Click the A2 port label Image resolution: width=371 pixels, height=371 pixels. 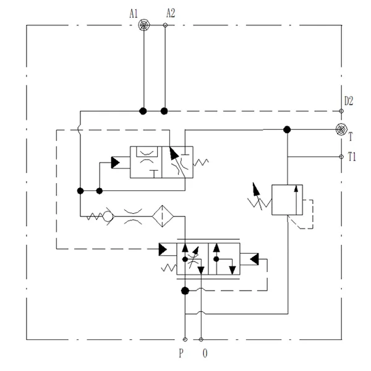pyautogui.click(x=171, y=12)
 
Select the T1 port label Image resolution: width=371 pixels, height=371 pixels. pyautogui.click(x=351, y=157)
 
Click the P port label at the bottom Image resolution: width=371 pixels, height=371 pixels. pyautogui.click(x=181, y=355)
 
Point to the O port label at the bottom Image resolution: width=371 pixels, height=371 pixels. pyautogui.click(x=206, y=355)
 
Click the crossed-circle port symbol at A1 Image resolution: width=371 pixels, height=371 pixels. pyautogui.click(x=143, y=25)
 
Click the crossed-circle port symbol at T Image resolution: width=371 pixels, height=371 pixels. pyautogui.click(x=341, y=129)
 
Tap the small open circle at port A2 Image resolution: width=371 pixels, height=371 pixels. pyautogui.click(x=165, y=25)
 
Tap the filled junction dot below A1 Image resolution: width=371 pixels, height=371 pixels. pyautogui.click(x=143, y=111)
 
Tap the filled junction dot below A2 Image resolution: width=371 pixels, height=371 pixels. pyautogui.click(x=164, y=111)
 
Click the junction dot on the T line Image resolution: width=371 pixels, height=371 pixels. pyautogui.click(x=286, y=129)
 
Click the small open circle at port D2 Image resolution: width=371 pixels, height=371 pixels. pyautogui.click(x=341, y=111)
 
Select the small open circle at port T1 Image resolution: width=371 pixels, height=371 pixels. pyautogui.click(x=341, y=156)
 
